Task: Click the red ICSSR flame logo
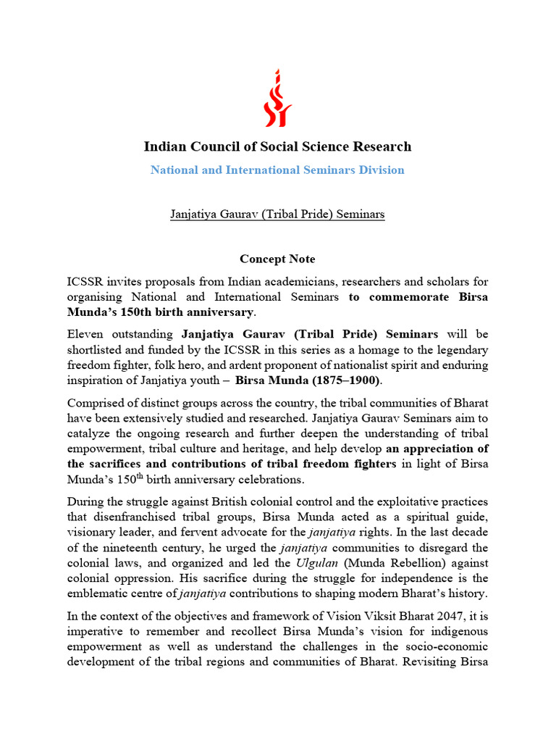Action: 278,97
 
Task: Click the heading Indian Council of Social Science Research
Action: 278,146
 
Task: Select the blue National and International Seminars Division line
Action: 278,170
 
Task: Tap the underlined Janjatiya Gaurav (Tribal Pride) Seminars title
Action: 278,214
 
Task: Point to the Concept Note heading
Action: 278,259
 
